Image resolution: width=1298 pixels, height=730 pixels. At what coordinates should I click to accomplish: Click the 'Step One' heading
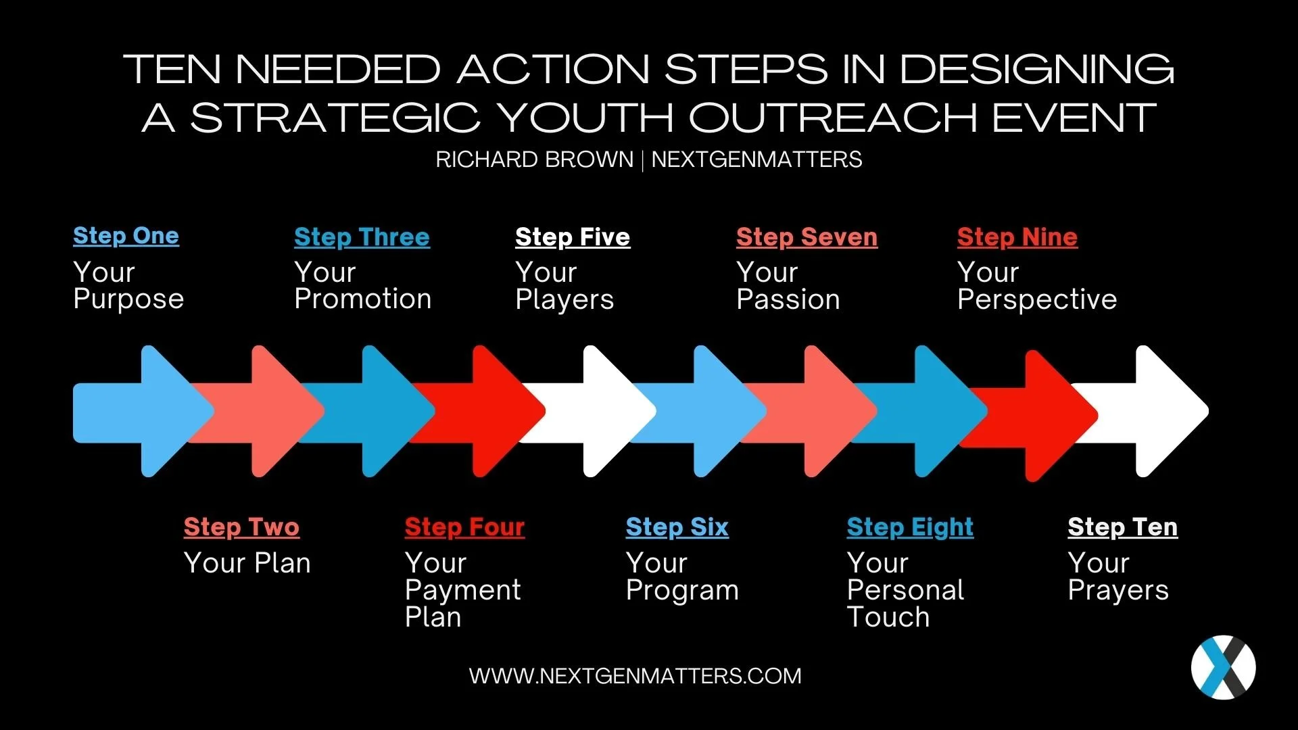(x=126, y=236)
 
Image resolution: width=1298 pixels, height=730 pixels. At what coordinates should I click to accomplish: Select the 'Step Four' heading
(x=464, y=527)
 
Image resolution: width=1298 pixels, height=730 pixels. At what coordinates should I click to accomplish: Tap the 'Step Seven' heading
(x=807, y=237)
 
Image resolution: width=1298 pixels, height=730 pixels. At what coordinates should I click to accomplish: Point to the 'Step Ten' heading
(x=1122, y=527)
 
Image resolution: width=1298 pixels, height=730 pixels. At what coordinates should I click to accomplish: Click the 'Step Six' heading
(x=677, y=527)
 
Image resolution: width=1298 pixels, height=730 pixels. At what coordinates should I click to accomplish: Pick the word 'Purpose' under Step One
(x=128, y=299)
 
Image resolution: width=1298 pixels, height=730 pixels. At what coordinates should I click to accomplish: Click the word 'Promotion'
(x=362, y=299)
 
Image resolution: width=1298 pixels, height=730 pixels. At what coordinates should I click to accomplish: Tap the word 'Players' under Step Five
(x=564, y=299)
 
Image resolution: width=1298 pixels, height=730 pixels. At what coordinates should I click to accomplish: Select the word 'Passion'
(x=788, y=299)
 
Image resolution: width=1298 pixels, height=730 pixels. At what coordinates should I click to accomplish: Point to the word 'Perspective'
(x=1037, y=299)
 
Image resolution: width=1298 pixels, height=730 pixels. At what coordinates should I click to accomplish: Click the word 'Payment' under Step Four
(x=462, y=590)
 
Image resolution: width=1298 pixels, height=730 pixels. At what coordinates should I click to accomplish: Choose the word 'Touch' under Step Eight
(x=888, y=617)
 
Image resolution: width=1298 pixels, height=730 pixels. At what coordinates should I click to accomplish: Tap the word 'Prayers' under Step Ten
(x=1118, y=590)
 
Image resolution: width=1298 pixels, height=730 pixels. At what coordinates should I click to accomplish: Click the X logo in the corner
(x=1223, y=667)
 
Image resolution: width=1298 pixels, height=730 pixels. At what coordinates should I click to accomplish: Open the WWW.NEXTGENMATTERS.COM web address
(x=635, y=676)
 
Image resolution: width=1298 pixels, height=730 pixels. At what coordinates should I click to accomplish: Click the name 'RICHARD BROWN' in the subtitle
(x=534, y=160)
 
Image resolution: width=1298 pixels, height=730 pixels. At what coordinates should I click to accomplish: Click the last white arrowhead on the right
(x=1170, y=411)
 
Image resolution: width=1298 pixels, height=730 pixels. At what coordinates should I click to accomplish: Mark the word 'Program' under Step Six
(x=682, y=590)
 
